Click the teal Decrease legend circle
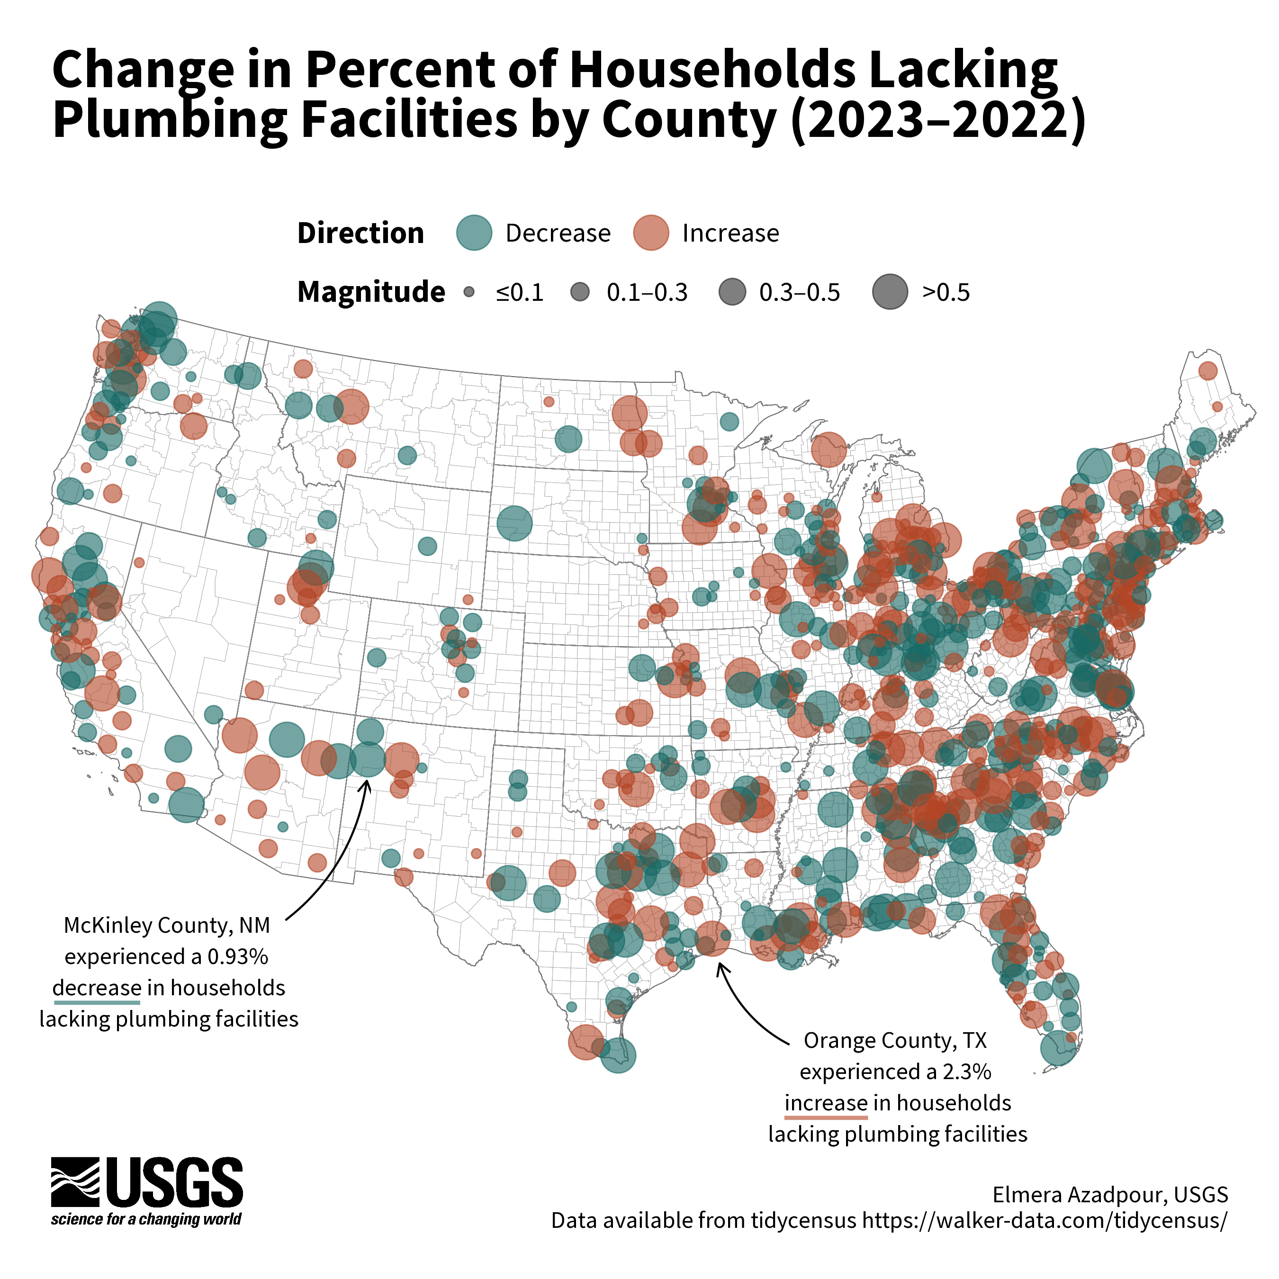[x=474, y=233]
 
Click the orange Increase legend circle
[x=651, y=233]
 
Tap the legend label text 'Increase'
[x=730, y=234]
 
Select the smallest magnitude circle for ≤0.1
[x=469, y=292]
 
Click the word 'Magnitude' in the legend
[x=371, y=292]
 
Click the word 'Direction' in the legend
[x=360, y=234]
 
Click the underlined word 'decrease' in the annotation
[x=97, y=988]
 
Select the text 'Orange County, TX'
[x=895, y=1041]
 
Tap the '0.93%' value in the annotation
[x=238, y=956]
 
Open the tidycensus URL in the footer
[x=1044, y=1220]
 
